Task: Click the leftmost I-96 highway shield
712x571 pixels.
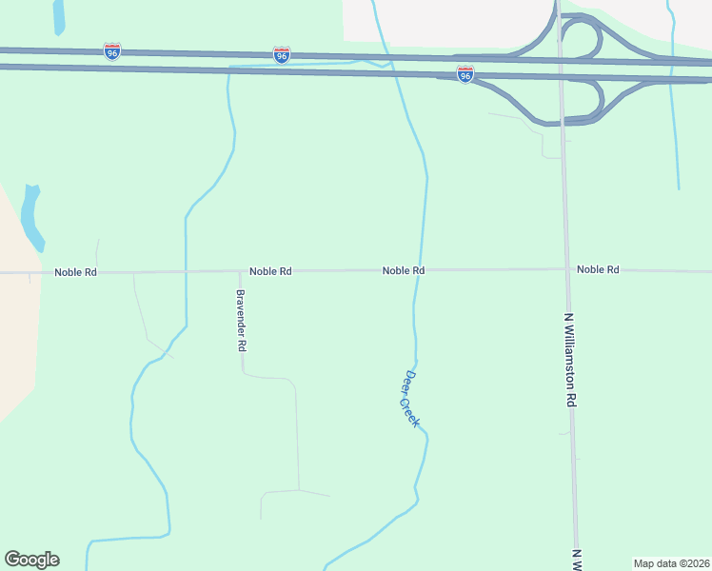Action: click(112, 50)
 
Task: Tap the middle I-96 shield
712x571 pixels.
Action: click(281, 55)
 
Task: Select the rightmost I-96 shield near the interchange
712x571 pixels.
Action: click(465, 73)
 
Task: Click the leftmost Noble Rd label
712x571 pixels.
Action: click(75, 272)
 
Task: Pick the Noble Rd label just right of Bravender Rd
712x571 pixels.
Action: click(270, 271)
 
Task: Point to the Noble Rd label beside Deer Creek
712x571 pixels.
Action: click(403, 270)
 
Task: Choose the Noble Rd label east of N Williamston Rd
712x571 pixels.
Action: click(598, 269)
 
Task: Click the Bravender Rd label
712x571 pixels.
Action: click(241, 321)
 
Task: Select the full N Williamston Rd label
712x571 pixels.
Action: click(570, 361)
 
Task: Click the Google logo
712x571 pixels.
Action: click(31, 560)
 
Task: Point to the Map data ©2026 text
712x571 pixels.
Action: click(670, 562)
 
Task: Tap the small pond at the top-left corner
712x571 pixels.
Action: click(59, 16)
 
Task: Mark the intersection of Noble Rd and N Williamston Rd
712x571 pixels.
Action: click(566, 269)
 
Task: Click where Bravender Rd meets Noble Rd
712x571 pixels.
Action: click(240, 272)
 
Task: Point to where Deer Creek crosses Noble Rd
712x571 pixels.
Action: click(419, 270)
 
